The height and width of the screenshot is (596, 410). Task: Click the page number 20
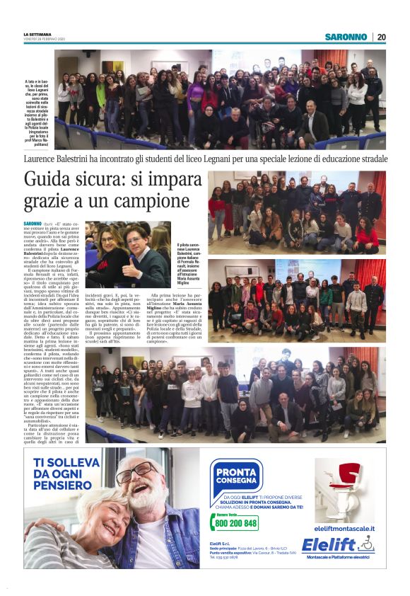[382, 37]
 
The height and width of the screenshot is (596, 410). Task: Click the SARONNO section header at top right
[346, 37]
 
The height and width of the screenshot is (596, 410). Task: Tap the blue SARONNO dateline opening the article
[33, 224]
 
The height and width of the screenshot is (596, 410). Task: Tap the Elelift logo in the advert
[337, 545]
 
